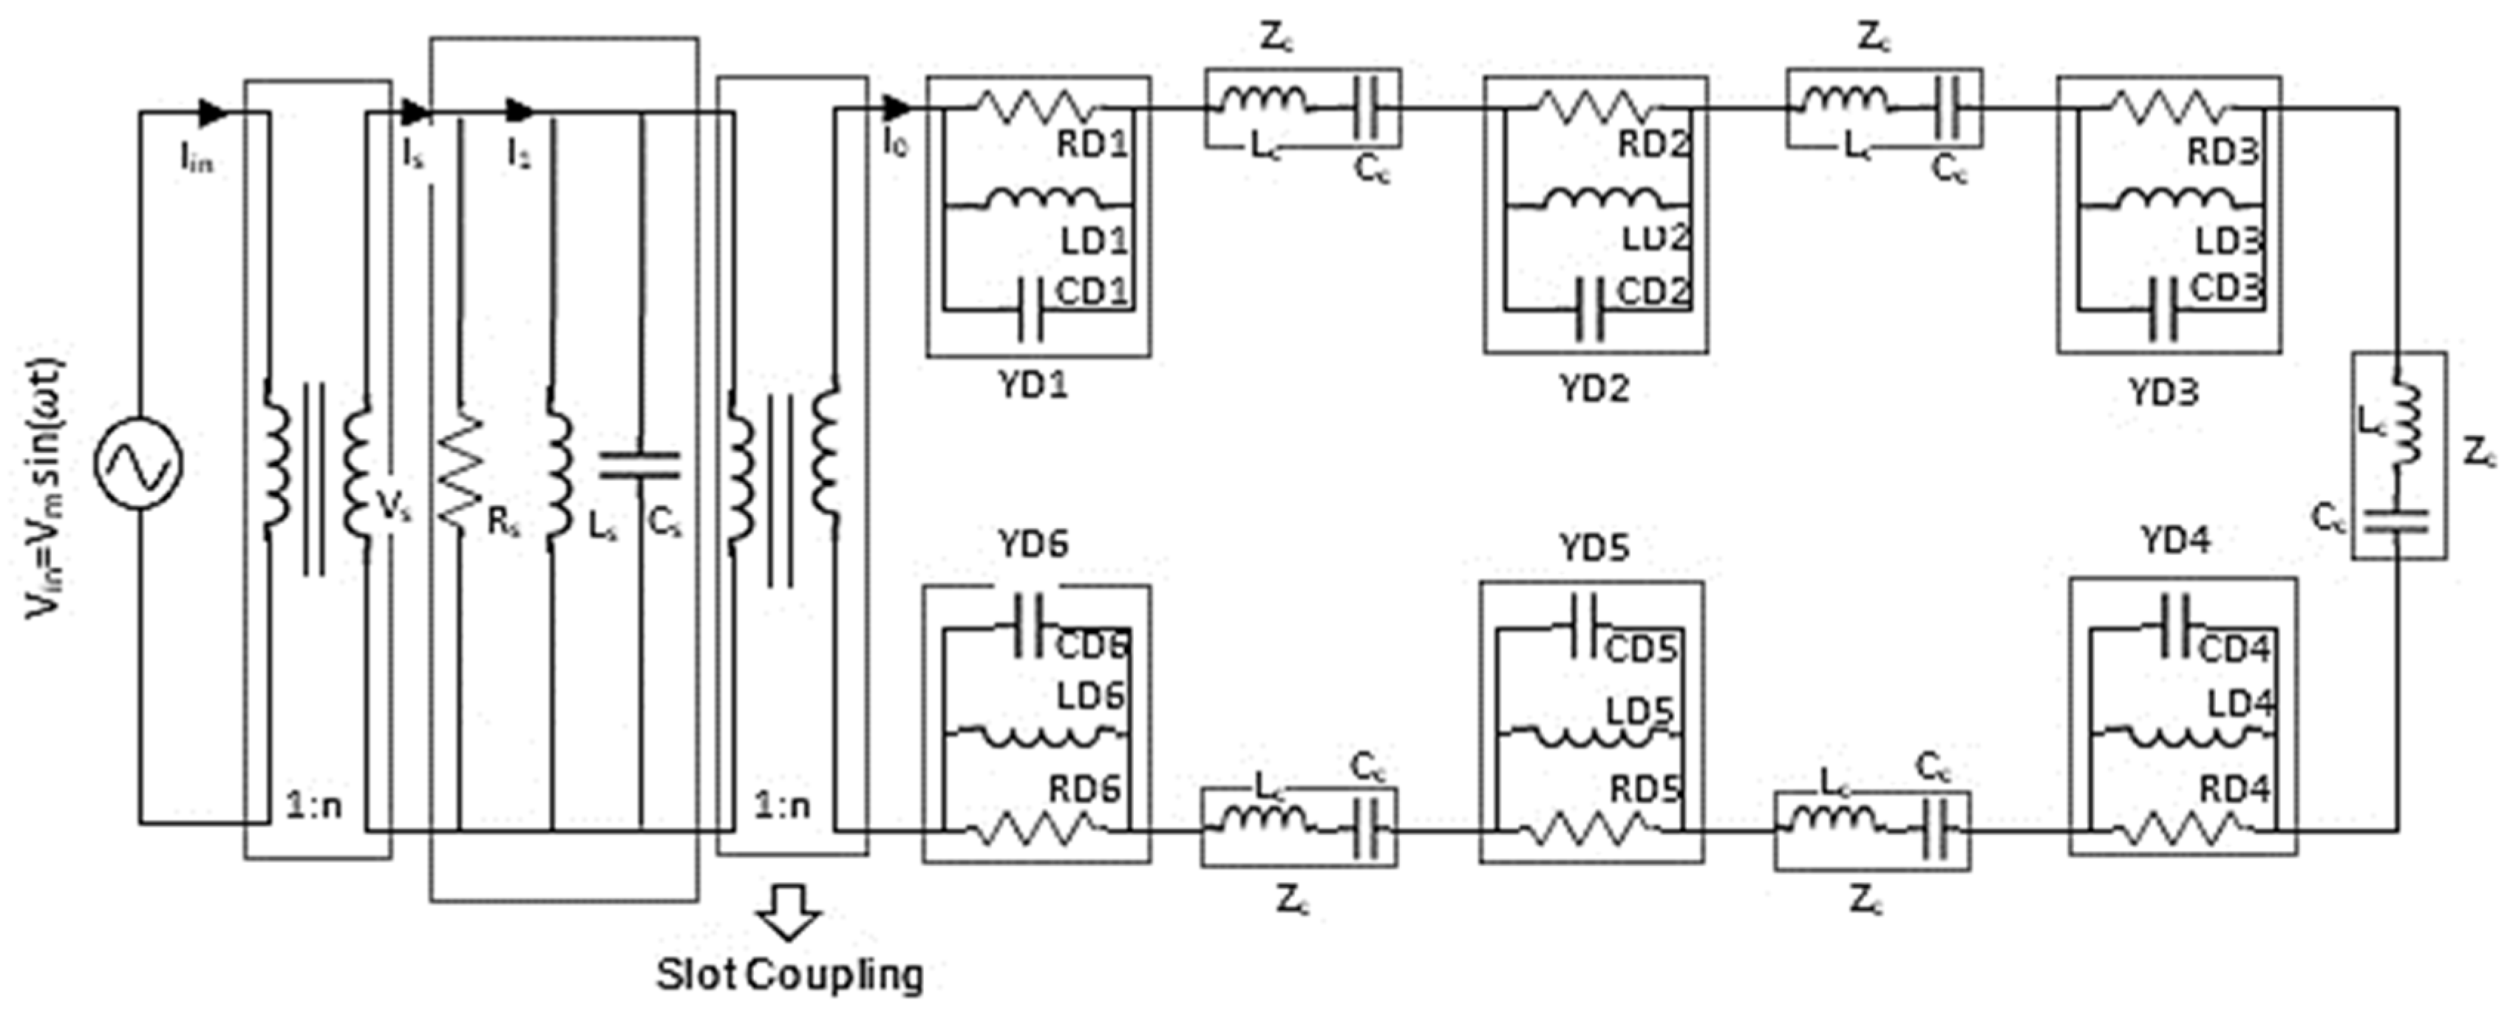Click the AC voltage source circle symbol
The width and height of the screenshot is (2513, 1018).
tap(138, 465)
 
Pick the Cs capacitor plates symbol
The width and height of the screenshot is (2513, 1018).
tap(641, 466)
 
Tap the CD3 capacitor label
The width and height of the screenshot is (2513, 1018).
tap(2226, 289)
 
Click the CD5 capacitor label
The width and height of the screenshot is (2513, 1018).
tap(1642, 649)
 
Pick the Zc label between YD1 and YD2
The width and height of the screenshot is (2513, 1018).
tap(1277, 38)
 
